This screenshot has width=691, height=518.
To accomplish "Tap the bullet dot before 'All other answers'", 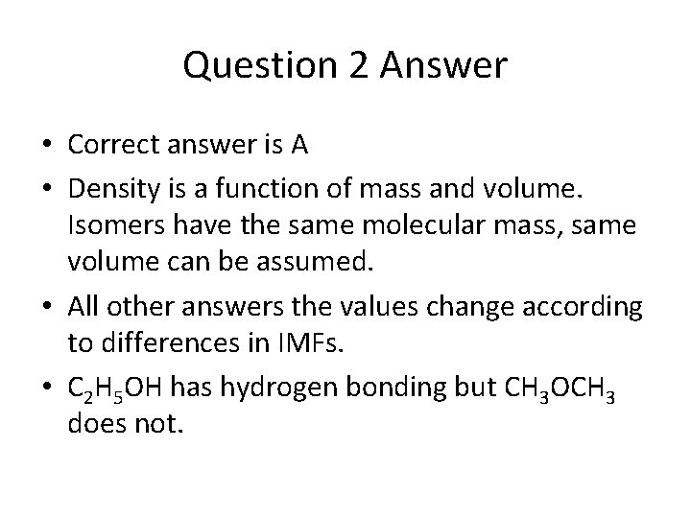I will tap(46, 307).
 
